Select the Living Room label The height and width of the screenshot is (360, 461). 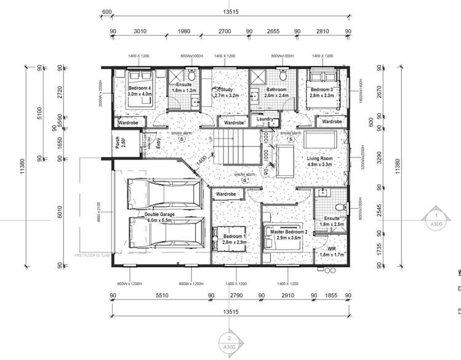point(319,161)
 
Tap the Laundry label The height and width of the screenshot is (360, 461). point(264,119)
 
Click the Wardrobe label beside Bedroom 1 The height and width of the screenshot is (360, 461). point(225,194)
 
